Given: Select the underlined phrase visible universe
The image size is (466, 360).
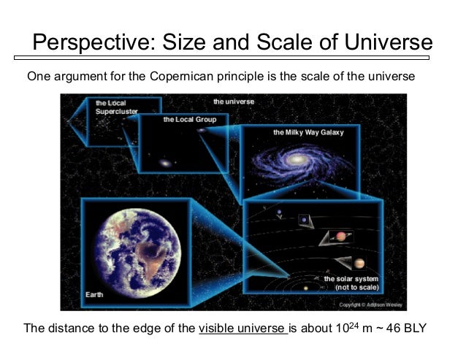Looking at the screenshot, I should [x=242, y=329].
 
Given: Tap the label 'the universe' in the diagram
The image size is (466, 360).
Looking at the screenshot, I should [x=234, y=102].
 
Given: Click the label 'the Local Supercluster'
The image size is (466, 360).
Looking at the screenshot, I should [x=111, y=108].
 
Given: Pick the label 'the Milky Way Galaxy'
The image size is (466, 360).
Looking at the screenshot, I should [x=308, y=133].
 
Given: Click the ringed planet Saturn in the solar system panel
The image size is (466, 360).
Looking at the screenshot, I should [x=340, y=236].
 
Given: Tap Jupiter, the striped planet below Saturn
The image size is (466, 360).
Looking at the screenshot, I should [x=358, y=264].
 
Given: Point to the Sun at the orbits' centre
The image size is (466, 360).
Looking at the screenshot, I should [x=305, y=288].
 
